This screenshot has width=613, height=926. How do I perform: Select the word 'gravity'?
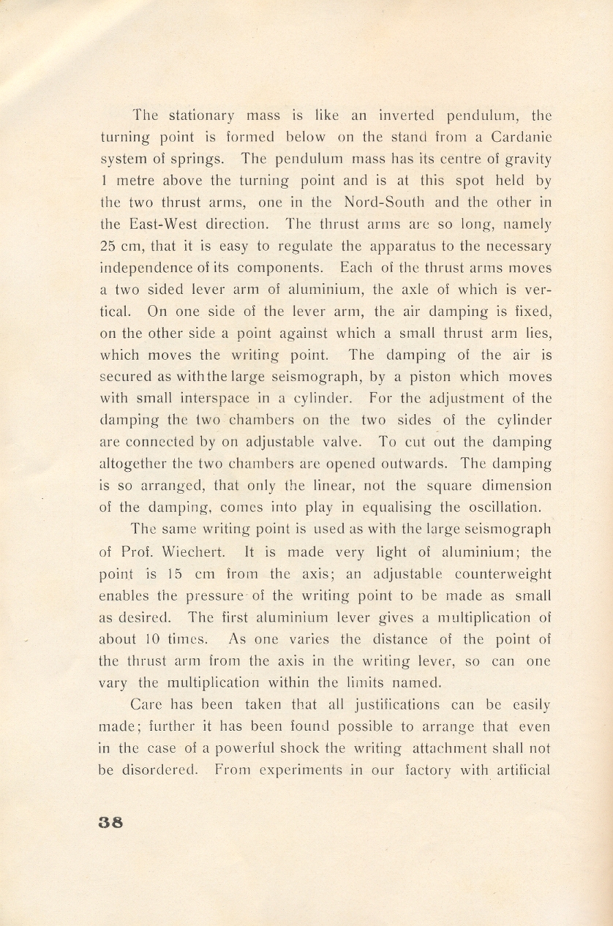527,159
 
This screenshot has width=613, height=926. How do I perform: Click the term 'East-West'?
162,224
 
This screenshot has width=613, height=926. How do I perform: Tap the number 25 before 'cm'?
108,246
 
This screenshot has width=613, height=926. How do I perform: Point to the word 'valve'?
342,442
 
